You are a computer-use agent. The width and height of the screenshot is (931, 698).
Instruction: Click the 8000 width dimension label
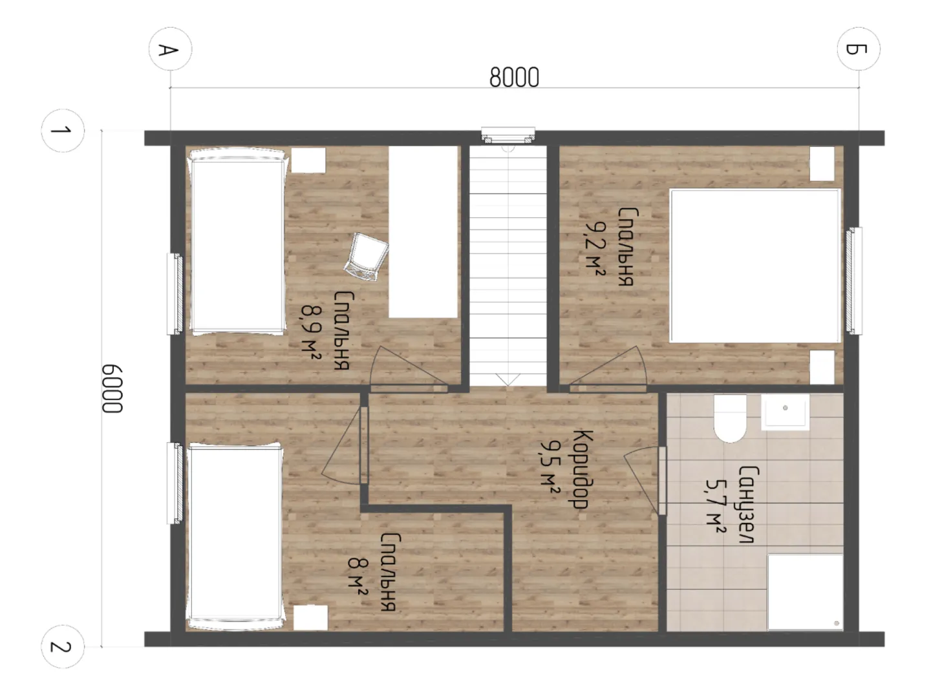click(513, 77)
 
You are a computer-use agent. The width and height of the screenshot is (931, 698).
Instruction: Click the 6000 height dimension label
click(112, 388)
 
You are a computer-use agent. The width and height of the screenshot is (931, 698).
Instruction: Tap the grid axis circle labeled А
click(170, 49)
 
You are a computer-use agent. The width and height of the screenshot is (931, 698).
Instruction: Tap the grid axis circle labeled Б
click(859, 49)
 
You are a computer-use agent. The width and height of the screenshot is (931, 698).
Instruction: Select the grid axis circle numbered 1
click(63, 131)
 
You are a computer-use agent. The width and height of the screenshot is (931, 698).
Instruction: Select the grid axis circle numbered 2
click(63, 647)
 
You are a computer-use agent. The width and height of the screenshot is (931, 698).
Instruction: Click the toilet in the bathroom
click(730, 418)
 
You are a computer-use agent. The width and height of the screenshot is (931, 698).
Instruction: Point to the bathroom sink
click(785, 412)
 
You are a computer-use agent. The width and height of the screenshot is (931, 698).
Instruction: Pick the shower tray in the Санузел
click(805, 592)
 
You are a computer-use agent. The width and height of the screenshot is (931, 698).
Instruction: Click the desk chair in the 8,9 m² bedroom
click(367, 257)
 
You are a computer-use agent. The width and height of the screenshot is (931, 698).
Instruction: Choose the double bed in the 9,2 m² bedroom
click(754, 266)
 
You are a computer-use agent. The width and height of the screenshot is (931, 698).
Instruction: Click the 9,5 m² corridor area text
click(550, 469)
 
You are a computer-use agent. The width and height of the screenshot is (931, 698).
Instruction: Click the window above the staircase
click(508, 136)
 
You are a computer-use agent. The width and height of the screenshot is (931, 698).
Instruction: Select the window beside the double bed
click(853, 280)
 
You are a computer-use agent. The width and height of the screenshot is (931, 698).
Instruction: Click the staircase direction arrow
click(508, 380)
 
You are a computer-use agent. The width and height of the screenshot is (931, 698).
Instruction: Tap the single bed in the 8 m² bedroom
click(235, 536)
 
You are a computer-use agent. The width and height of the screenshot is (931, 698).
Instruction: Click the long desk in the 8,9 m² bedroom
click(423, 232)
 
